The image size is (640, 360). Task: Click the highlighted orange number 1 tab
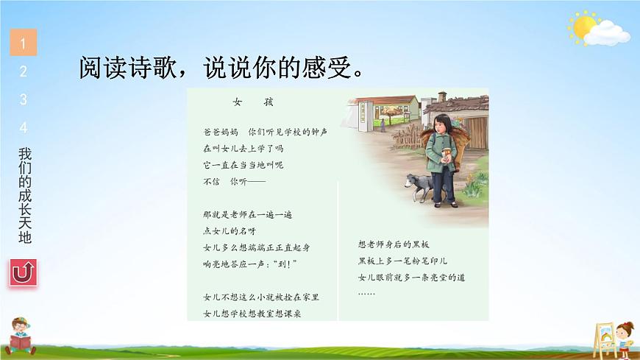(24, 42)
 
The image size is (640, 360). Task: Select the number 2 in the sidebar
(24, 71)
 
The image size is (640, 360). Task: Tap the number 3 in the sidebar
(24, 99)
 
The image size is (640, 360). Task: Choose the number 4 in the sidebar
(24, 127)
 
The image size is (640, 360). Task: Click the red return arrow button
(24, 272)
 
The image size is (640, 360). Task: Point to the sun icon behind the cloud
(583, 27)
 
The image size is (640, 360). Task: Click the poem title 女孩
(253, 102)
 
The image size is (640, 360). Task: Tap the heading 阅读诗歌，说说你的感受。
(221, 68)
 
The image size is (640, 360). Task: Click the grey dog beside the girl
(419, 187)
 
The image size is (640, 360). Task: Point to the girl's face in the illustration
(440, 126)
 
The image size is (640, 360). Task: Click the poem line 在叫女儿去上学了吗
(243, 148)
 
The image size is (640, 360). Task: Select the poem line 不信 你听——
(234, 181)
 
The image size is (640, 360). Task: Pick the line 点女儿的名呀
(230, 231)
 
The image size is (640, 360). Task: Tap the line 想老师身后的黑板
(394, 244)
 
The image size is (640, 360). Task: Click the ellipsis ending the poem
(366, 294)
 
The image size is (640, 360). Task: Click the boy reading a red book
(21, 336)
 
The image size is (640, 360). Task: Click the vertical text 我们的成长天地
(25, 195)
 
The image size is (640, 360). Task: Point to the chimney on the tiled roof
(442, 97)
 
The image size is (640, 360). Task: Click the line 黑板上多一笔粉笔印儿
(402, 261)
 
